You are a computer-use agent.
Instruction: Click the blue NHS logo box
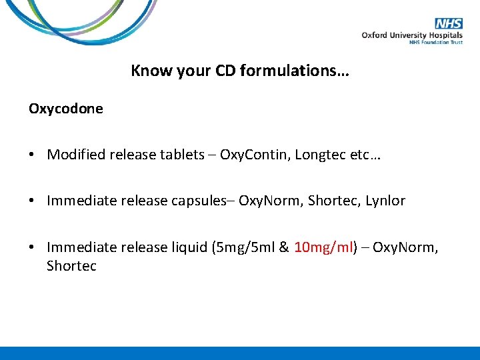pyautogui.click(x=449, y=23)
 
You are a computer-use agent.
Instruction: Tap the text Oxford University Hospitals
pyautogui.click(x=413, y=35)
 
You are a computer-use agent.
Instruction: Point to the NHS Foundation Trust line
pyautogui.click(x=435, y=43)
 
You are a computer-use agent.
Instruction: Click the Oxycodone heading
pyautogui.click(x=66, y=108)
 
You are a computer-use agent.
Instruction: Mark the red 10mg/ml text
pyautogui.click(x=323, y=247)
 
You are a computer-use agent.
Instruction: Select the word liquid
pyautogui.click(x=187, y=247)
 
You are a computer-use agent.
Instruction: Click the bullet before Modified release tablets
pyautogui.click(x=32, y=155)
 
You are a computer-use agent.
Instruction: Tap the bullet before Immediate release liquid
pyautogui.click(x=32, y=247)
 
